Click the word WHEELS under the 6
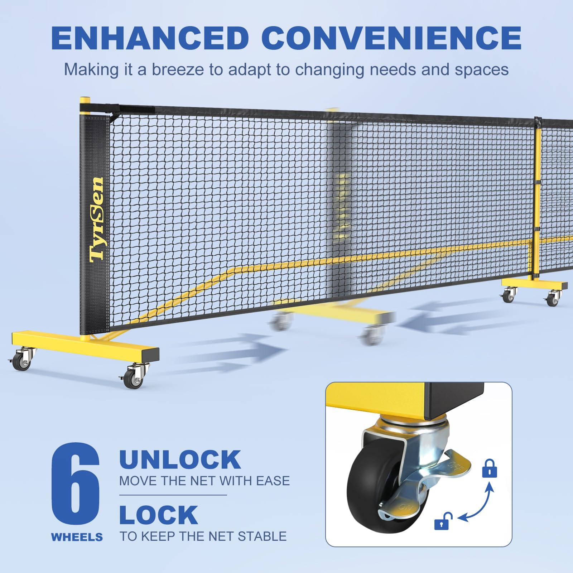(77, 537)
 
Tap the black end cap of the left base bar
(150, 355)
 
